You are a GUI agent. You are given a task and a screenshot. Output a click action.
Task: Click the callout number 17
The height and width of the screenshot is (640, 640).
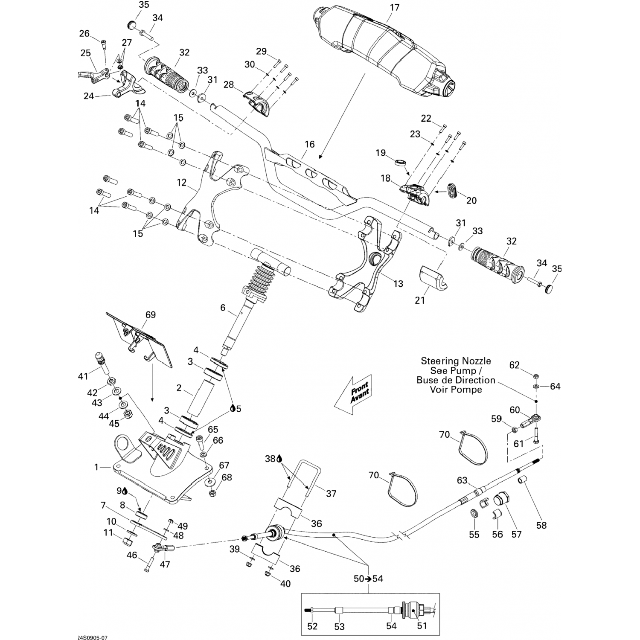pyautogui.click(x=394, y=7)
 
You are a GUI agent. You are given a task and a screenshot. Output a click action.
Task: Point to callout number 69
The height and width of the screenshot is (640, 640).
pyautogui.click(x=151, y=315)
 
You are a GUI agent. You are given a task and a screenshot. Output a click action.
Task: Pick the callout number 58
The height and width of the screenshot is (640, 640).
pyautogui.click(x=541, y=526)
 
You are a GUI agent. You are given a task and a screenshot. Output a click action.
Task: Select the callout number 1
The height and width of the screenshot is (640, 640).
pyautogui.click(x=96, y=467)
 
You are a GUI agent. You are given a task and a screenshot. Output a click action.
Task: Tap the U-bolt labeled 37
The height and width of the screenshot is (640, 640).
pyautogui.click(x=299, y=474)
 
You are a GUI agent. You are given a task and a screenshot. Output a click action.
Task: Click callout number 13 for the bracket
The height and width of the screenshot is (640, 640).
pyautogui.click(x=398, y=283)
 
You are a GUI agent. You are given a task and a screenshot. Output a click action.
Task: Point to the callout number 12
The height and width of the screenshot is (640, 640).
pyautogui.click(x=182, y=183)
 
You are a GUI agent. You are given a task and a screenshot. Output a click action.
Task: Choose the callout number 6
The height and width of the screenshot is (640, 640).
pyautogui.click(x=222, y=308)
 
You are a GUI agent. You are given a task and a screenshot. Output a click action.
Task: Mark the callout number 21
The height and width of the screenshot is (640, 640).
pyautogui.click(x=420, y=300)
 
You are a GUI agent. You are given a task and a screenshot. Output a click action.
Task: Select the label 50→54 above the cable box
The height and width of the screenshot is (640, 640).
pyautogui.click(x=369, y=579)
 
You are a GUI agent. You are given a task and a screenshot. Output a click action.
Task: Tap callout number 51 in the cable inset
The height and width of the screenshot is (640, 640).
pyautogui.click(x=422, y=625)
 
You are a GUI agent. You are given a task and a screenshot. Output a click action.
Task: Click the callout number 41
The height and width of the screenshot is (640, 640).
pyautogui.click(x=83, y=376)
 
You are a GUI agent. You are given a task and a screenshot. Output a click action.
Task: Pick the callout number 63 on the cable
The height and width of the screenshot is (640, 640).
pyautogui.click(x=462, y=480)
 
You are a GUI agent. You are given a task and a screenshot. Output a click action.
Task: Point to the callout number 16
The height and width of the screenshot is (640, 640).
pyautogui.click(x=309, y=144)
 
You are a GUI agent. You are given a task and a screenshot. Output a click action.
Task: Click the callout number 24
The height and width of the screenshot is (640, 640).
pyautogui.click(x=89, y=96)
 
